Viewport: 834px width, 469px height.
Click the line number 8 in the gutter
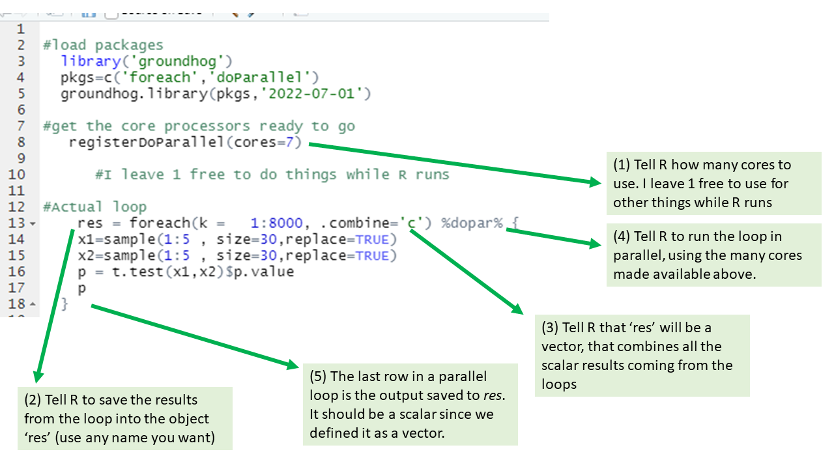click(22, 142)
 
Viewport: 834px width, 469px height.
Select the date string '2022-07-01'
click(311, 93)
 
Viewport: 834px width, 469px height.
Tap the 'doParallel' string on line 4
click(259, 78)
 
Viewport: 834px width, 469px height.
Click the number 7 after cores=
click(289, 142)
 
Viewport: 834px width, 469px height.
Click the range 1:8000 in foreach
click(277, 223)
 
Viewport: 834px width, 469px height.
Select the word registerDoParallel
click(147, 142)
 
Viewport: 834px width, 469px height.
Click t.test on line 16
click(137, 272)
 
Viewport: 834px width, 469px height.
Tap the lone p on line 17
click(82, 289)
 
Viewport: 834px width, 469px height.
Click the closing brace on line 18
click(65, 304)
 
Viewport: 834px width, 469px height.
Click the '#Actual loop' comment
click(95, 206)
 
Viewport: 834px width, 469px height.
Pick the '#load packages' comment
click(103, 46)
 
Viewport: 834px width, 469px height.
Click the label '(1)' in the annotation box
click(622, 165)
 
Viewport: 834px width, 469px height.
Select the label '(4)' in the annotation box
click(622, 236)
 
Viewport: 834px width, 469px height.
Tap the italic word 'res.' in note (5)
click(494, 395)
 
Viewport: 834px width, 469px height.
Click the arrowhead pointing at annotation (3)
click(518, 309)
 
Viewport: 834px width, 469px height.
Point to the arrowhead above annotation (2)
click(38, 377)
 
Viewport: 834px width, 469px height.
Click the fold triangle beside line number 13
click(33, 223)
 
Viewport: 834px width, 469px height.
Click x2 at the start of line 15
click(86, 256)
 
